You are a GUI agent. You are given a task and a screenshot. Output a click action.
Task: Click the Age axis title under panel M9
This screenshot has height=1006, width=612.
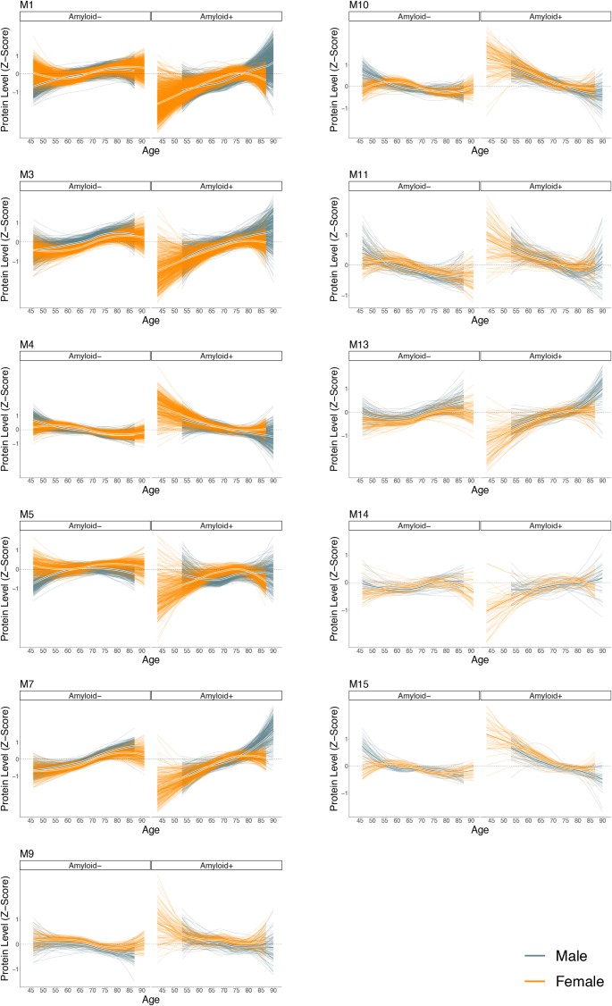151,1000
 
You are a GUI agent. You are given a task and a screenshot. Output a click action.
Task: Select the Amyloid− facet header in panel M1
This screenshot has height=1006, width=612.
85,15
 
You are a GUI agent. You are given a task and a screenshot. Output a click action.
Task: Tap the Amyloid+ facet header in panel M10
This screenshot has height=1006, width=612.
546,15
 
